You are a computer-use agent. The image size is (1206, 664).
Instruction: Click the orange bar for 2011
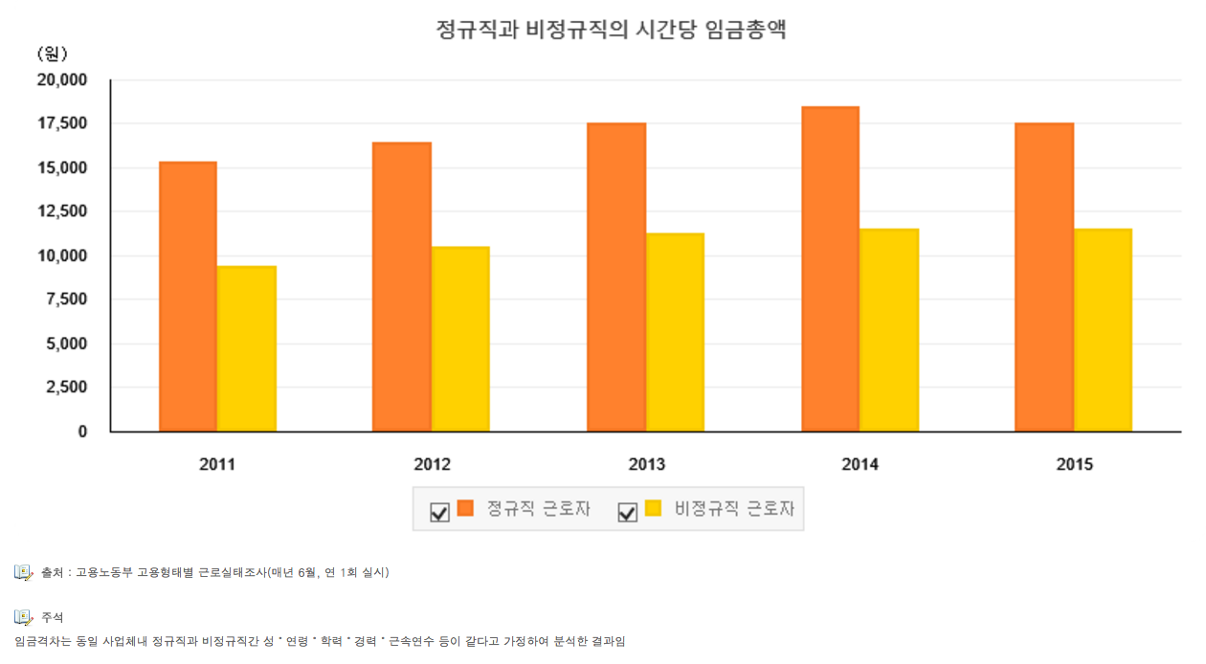pos(188,297)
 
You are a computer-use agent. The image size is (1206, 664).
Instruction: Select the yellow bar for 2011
pos(247,349)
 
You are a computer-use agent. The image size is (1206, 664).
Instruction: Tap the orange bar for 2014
pos(830,269)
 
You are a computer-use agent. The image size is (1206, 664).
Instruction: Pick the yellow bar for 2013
pos(675,332)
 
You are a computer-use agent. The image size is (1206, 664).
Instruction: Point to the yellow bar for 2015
pos(1103,330)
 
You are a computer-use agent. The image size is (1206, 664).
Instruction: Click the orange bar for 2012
pos(402,287)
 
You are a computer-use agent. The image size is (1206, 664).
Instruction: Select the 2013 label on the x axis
pos(646,465)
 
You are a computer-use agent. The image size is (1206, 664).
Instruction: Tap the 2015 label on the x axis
pos(1074,465)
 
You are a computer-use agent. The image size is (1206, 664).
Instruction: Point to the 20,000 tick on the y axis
pos(62,80)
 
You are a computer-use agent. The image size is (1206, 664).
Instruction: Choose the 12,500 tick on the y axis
pos(62,211)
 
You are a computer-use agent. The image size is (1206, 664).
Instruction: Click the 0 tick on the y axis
pos(82,432)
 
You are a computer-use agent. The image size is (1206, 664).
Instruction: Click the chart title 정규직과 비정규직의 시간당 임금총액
pos(610,29)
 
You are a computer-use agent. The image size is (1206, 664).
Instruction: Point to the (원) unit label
pos(52,54)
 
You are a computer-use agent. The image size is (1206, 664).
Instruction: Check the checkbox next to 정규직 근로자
pos(439,513)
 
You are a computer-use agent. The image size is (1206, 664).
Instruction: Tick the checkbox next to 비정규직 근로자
pos(628,513)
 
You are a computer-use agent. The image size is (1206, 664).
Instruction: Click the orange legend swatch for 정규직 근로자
pos(465,508)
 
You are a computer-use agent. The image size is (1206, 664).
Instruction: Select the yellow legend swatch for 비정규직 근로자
pos(654,508)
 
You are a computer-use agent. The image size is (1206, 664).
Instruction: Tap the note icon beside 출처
pos(24,572)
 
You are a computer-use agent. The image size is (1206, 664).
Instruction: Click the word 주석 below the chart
pos(52,617)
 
